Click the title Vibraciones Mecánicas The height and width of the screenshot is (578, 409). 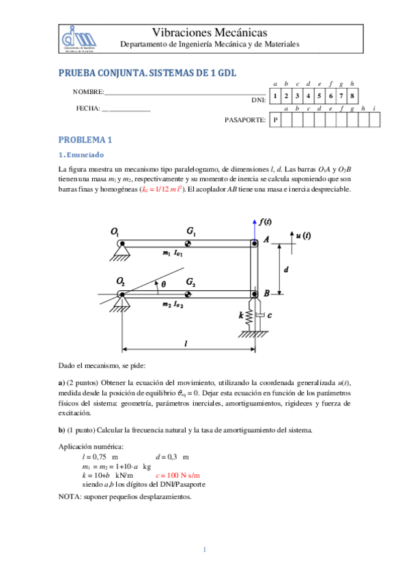click(209, 32)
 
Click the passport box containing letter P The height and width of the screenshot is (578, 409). click(275, 120)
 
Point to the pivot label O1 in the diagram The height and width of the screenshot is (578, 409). click(115, 232)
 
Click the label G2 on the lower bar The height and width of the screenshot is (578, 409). click(192, 282)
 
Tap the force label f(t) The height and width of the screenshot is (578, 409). click(266, 222)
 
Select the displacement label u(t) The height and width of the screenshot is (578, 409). click(303, 236)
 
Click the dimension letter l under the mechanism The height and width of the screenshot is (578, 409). click(186, 344)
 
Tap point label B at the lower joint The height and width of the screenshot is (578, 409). click(267, 293)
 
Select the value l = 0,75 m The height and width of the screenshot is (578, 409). click(100, 456)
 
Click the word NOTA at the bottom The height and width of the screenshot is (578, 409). click(70, 496)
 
